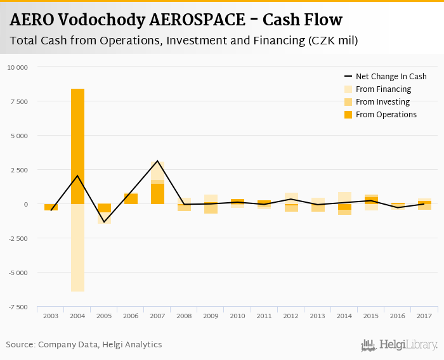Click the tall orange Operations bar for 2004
coord(77,146)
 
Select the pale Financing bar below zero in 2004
coord(77,247)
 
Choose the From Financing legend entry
coord(383,89)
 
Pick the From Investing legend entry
coord(382,102)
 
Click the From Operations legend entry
coord(386,115)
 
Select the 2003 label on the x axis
coord(51,316)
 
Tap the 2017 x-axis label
coord(424,316)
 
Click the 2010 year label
coord(237,316)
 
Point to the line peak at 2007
coord(157,161)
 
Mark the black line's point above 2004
coord(77,176)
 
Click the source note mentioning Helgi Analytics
coord(84,345)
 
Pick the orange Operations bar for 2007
coord(157,193)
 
